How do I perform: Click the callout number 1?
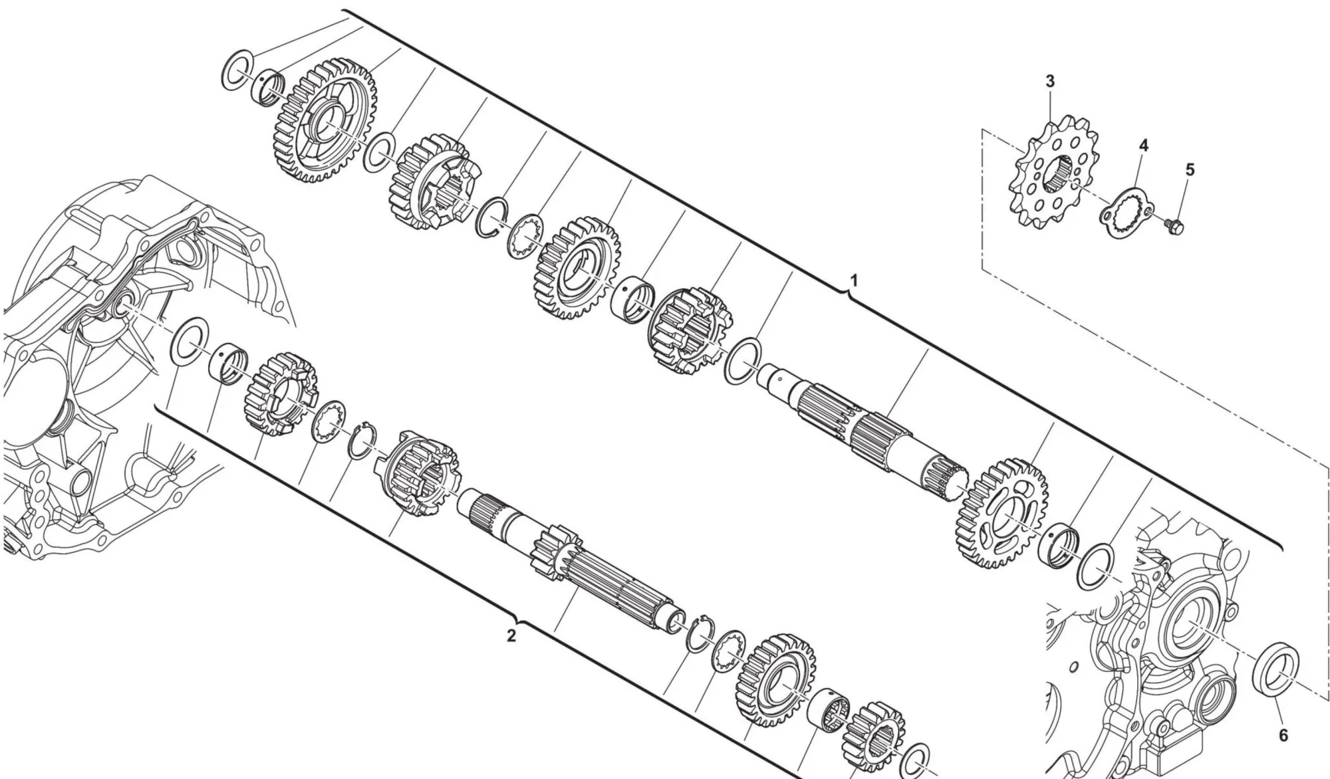click(855, 280)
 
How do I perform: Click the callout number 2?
click(511, 635)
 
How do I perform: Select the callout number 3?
click(1049, 81)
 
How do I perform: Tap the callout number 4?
click(1143, 144)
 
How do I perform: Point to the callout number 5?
click(1190, 169)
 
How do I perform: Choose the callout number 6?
click(1283, 735)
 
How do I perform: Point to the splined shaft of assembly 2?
click(572, 558)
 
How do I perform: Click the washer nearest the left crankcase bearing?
click(190, 341)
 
